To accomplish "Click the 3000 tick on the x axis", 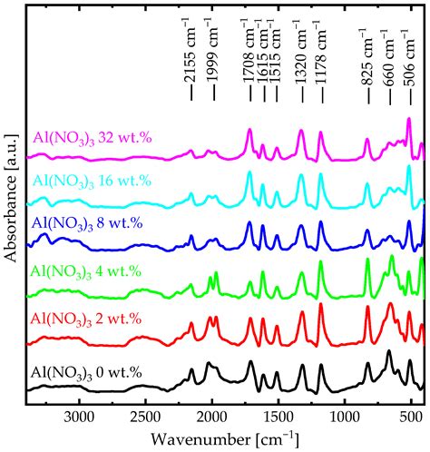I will [x=80, y=418].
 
